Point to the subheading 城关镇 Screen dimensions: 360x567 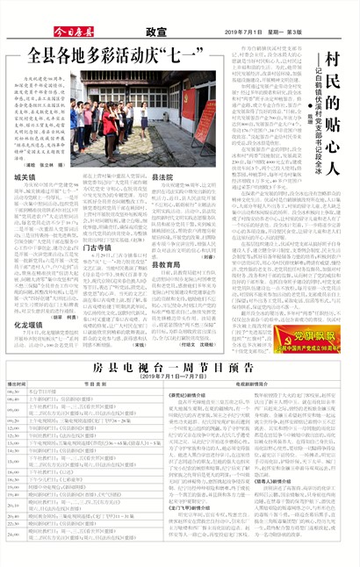(24, 176)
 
